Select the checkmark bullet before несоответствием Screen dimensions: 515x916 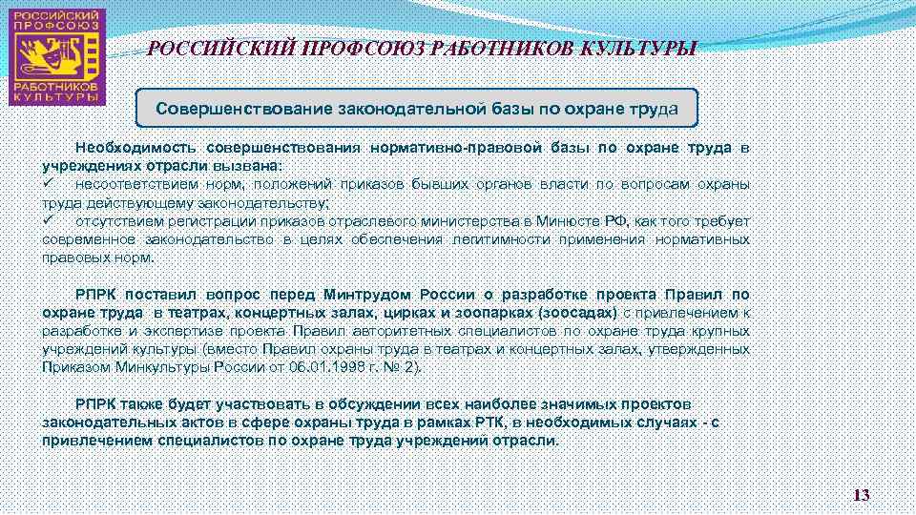[48, 184]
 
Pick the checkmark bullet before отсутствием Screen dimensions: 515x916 [48, 220]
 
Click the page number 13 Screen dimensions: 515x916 [862, 495]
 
